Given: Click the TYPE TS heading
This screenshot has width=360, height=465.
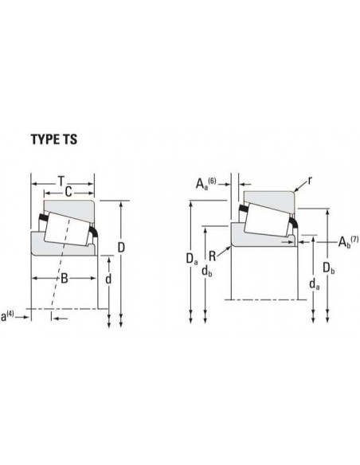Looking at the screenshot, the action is (x=54, y=139).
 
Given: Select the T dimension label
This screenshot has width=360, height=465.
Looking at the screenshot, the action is (x=61, y=181).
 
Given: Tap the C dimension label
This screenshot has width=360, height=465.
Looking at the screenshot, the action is (x=68, y=192).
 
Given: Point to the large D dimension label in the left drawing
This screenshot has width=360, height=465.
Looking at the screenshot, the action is (x=121, y=248).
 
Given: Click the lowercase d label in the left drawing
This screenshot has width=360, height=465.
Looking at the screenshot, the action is (x=108, y=279).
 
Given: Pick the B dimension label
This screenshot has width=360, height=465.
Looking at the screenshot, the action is (x=64, y=279).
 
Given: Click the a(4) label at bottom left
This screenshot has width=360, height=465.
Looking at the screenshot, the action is (x=7, y=316).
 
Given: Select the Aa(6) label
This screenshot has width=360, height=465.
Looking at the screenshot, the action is (x=205, y=183).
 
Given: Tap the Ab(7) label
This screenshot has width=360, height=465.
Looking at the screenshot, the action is (x=348, y=241).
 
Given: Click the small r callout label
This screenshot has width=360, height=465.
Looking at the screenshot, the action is (x=310, y=180).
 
